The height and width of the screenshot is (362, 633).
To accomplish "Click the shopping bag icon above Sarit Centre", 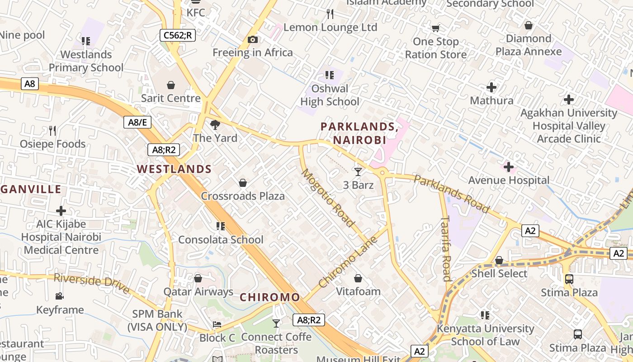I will [171, 85].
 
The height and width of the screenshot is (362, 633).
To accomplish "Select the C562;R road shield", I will [178, 35].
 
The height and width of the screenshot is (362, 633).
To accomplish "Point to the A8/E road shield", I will [137, 122].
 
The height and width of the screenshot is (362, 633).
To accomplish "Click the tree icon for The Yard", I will [215, 125].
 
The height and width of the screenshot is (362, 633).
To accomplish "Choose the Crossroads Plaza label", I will [243, 196].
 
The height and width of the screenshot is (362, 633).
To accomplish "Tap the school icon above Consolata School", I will [221, 226].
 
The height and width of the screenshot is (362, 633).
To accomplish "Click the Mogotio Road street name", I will [327, 198].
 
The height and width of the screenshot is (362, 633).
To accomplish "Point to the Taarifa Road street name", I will [446, 248].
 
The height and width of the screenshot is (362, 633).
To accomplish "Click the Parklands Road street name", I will [451, 194].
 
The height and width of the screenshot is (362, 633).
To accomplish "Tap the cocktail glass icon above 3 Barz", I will [358, 171].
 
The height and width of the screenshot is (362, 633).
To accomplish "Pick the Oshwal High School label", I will [330, 95].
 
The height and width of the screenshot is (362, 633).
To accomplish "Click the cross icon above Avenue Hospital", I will [509, 167].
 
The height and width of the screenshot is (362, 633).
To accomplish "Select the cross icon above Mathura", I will [491, 87].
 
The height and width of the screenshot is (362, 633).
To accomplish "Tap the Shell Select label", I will [499, 274].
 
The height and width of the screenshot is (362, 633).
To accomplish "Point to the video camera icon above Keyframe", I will [59, 296].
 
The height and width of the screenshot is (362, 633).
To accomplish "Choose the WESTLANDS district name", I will [174, 169].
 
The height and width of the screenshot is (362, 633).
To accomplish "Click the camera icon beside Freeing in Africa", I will [253, 40].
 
